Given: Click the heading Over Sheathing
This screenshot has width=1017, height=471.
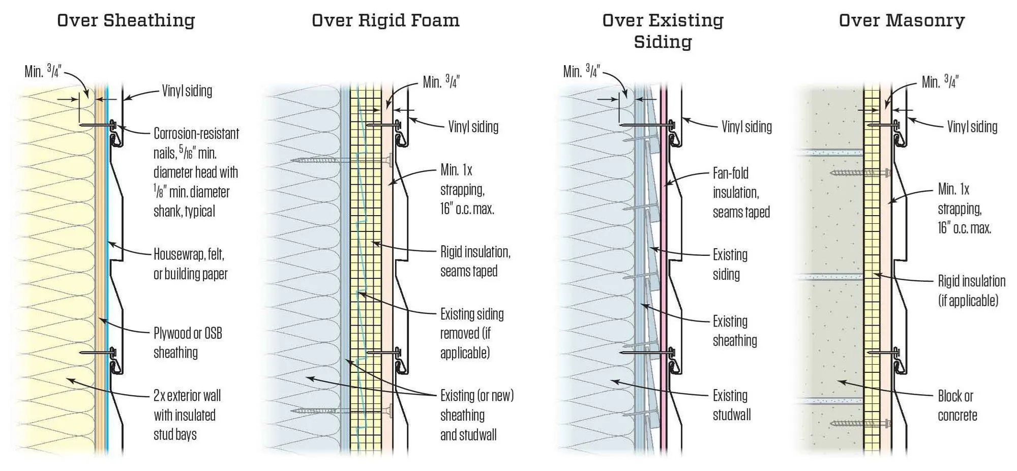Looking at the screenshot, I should point(126,20).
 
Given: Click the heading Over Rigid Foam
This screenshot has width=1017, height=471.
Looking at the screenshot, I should point(385,20).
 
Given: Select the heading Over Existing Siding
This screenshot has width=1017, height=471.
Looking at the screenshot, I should point(663,31).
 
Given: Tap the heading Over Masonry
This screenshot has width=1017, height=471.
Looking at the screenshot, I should point(902,20).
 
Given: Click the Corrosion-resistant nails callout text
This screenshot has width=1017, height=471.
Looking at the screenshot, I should point(196,172).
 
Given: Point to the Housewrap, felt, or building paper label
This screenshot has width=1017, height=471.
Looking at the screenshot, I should point(190,264).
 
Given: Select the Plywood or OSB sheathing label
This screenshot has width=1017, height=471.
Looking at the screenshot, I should point(188,343).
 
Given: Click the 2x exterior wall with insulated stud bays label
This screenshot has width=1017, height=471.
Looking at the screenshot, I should point(187,415).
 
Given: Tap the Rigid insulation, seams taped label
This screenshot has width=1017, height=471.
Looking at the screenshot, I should point(475,261).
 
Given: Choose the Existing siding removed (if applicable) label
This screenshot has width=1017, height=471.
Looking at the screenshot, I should point(471,334).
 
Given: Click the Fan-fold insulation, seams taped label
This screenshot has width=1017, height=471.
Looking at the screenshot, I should point(741,193).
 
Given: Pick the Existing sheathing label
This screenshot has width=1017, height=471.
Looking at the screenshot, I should point(734,331).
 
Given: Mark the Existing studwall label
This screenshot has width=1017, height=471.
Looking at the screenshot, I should point(731,405).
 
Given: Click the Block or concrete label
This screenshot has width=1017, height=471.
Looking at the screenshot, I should point(957,406).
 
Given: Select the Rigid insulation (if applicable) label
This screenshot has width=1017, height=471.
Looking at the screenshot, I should point(971,291).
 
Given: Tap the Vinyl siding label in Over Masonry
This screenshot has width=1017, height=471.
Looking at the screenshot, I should point(972,127).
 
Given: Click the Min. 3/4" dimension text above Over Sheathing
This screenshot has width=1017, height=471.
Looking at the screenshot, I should point(43,71).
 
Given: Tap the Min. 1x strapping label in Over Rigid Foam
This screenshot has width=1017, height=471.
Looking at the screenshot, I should point(467,189).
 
